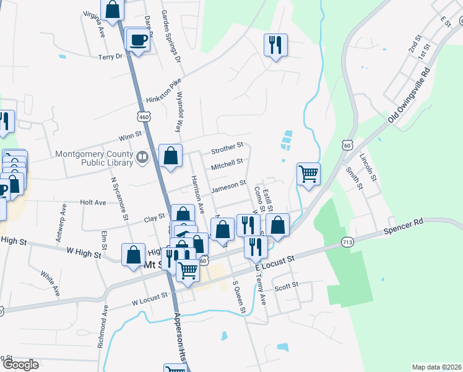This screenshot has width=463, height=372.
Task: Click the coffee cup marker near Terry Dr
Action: pos(137,40)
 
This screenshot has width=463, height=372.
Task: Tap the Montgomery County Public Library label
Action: pos(94,159)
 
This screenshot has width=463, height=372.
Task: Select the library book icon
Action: pos(143,158)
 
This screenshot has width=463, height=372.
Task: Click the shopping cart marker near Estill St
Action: pos(308,174)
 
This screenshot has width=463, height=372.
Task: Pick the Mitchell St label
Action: pos(227,164)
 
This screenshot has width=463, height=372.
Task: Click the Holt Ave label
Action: pos(93,202)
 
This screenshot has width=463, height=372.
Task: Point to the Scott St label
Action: pos(286,286)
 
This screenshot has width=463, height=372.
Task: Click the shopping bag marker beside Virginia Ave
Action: pos(112,10)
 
